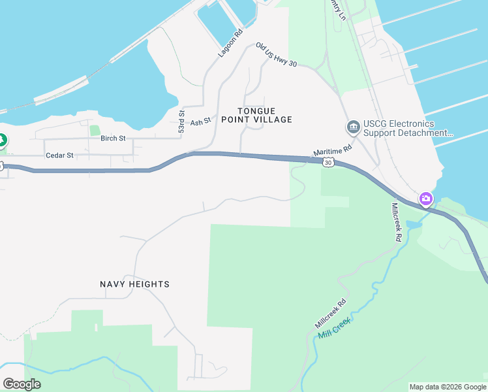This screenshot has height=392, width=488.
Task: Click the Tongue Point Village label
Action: pos(256,116)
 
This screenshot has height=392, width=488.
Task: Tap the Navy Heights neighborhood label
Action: pos(134,284)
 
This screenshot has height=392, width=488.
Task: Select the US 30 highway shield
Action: pos(328,162)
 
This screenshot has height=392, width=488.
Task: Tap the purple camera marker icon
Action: pos(426,198)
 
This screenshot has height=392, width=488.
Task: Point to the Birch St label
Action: pos(113,139)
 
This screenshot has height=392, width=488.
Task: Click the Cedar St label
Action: pos(60,156)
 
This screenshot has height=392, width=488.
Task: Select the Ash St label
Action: pos(201,122)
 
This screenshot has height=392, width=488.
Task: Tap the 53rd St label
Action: pos(181,122)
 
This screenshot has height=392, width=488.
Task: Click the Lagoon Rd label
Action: pos(231,42)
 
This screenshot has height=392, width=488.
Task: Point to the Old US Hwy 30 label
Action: pos(277,56)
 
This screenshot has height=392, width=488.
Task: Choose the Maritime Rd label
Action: pos(333,151)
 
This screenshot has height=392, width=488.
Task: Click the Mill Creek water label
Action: pos(335,327)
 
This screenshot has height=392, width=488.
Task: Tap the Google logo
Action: pos(22,384)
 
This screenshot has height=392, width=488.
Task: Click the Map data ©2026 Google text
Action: pos(447,387)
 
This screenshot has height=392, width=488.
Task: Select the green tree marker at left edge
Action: pos(2,139)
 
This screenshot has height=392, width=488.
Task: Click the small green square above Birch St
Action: pos(95,130)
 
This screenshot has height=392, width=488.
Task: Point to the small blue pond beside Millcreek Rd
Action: pos(414,224)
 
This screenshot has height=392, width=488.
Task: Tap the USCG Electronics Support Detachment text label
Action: pos(407,129)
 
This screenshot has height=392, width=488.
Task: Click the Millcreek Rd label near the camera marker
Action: pos(396,222)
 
